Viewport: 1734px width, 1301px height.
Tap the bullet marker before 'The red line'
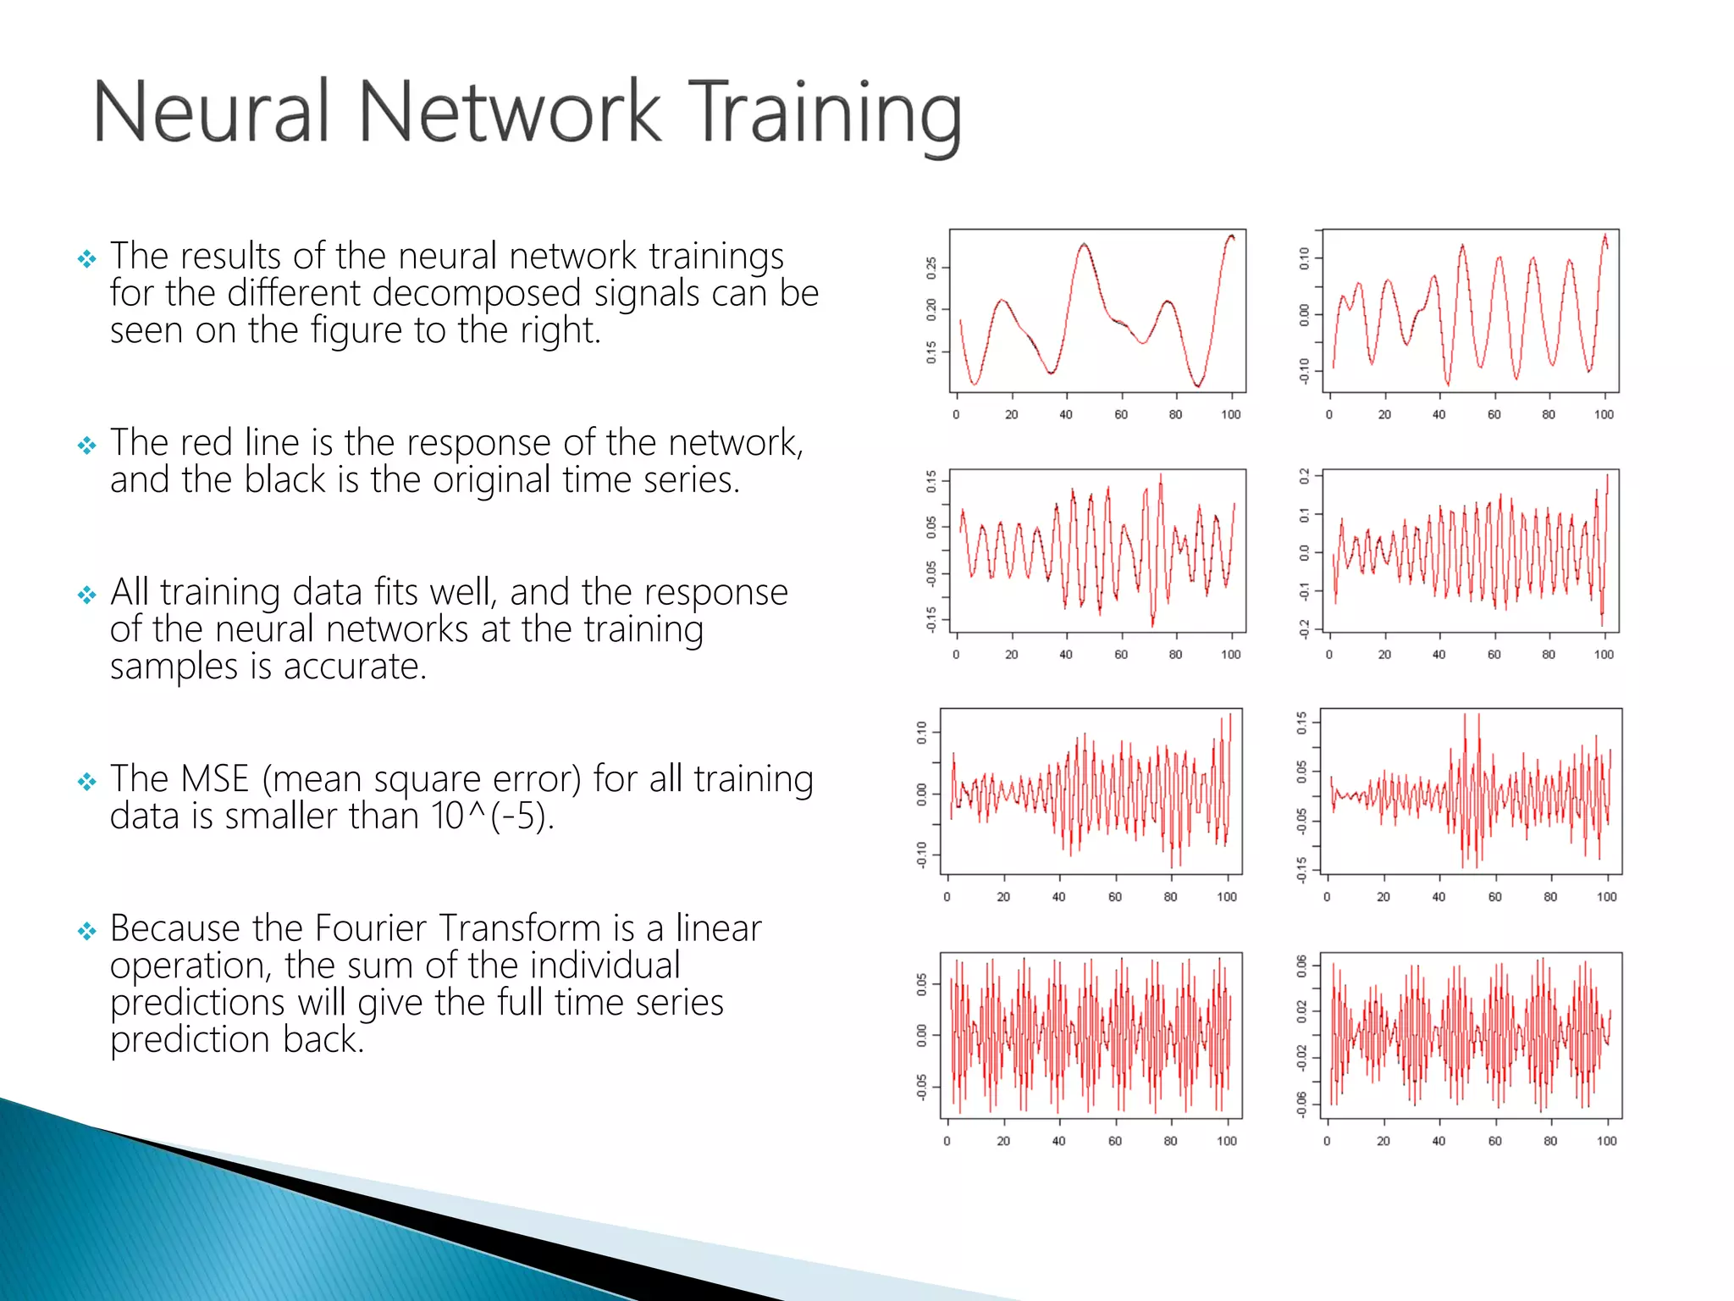point(86,445)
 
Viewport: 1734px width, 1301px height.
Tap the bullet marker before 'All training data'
point(86,595)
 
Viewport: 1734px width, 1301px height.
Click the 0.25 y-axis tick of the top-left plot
point(931,269)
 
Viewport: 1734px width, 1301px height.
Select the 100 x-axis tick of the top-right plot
point(1604,414)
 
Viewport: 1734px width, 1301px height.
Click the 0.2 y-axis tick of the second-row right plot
point(1305,477)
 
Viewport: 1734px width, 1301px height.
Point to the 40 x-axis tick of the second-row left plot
point(1065,655)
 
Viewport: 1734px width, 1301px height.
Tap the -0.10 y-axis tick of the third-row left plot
point(922,854)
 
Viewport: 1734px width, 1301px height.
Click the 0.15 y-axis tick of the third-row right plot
point(1302,723)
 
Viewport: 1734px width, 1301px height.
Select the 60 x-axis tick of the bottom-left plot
point(1114,1141)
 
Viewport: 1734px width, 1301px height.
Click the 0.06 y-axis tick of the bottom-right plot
point(1302,966)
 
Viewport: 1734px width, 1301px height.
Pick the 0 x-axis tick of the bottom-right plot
point(1327,1141)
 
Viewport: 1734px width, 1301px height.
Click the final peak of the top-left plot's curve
point(1231,236)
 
